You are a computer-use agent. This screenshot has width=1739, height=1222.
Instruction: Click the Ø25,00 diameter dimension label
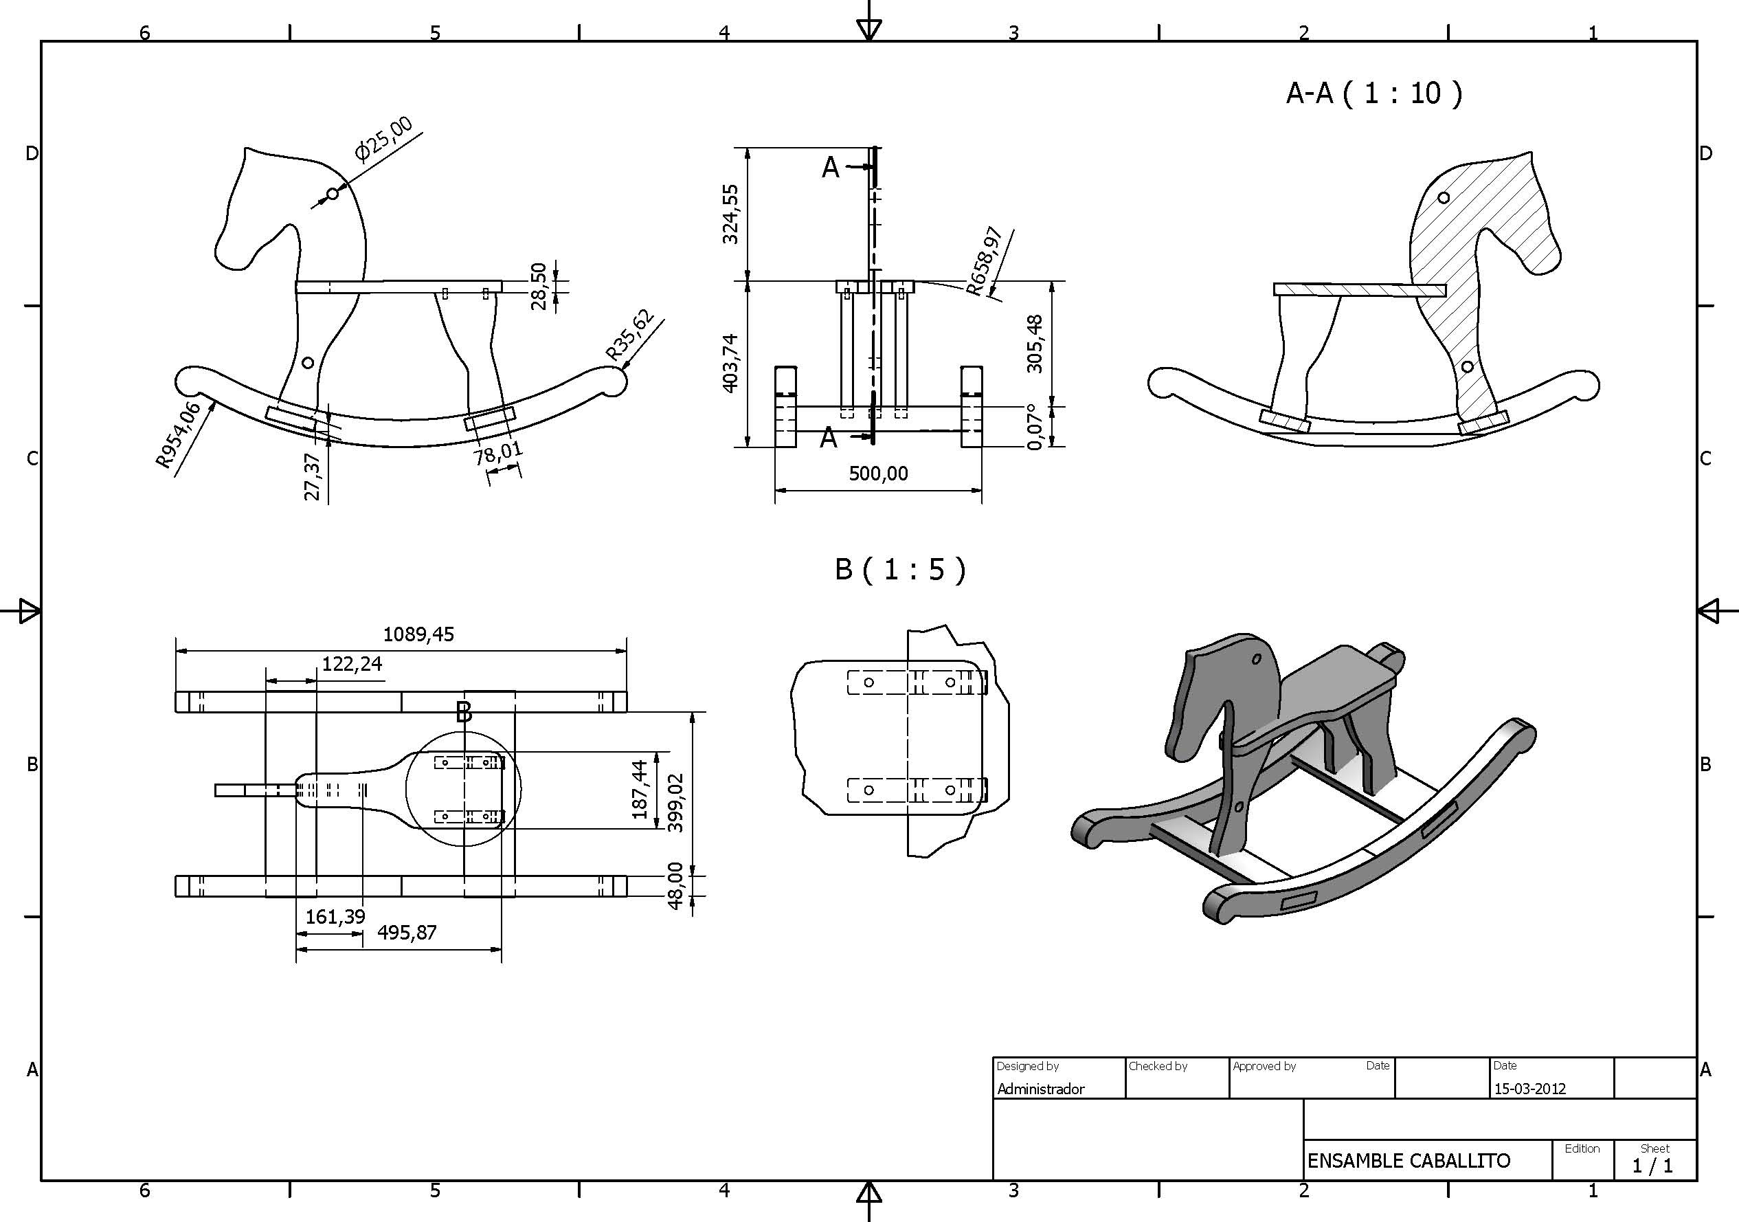click(384, 139)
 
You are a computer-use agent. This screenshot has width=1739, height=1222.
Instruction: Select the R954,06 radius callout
click(178, 435)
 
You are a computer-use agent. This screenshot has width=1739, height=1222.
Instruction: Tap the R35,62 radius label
click(629, 334)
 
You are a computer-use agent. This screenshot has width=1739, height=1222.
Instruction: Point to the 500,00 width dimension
click(878, 474)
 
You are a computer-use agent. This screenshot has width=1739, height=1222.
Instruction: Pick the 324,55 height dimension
click(730, 214)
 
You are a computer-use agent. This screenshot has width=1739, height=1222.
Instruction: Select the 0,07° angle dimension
click(1035, 427)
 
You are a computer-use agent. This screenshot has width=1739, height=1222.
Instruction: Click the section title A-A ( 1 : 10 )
click(1374, 93)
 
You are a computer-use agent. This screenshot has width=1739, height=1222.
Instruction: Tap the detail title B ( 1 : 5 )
click(900, 569)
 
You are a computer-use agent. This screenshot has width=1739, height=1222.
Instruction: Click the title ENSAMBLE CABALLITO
click(1409, 1161)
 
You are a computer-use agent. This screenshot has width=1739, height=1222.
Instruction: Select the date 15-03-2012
click(1529, 1089)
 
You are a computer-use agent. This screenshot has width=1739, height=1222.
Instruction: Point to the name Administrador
click(1041, 1089)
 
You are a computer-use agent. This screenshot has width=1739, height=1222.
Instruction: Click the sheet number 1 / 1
click(1652, 1166)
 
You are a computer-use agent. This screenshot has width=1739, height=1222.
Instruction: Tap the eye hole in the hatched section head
click(1444, 198)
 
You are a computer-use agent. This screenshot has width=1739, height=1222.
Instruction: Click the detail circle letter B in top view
click(464, 712)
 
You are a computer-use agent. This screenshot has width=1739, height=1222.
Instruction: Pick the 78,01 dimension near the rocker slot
click(498, 454)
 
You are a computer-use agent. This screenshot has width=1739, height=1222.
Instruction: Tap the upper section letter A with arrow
click(831, 167)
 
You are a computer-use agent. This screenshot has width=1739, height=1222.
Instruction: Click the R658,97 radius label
click(985, 259)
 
